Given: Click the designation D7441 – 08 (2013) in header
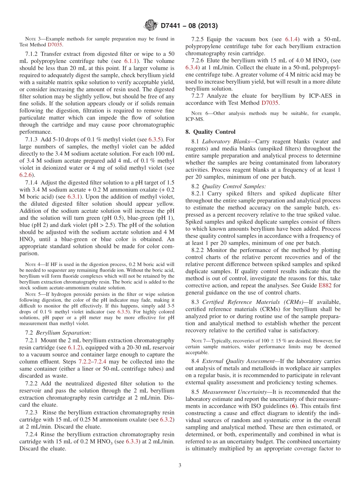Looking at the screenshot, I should click(189, 26).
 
